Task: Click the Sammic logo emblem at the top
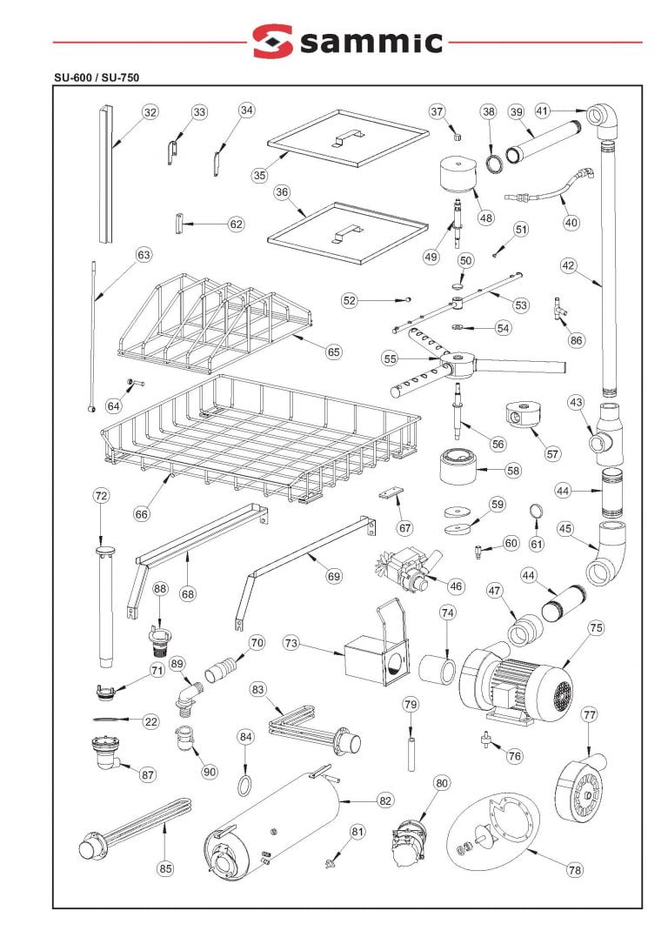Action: point(272,41)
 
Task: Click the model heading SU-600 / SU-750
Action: point(96,77)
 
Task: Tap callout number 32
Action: point(150,112)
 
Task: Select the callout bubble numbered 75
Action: point(596,627)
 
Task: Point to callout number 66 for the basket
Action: point(142,513)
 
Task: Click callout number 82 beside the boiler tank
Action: point(385,800)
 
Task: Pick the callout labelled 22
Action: point(150,721)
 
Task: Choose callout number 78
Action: point(575,869)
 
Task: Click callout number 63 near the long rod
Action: point(144,255)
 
